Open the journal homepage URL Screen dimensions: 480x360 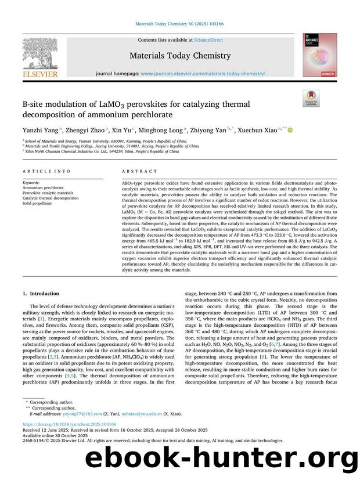203,74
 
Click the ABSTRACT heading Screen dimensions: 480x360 139,172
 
